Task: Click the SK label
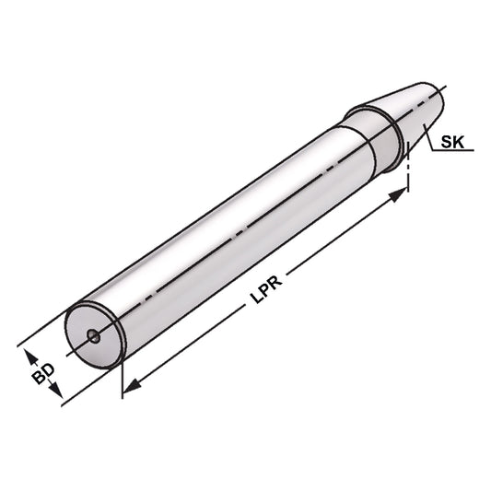pos(453,142)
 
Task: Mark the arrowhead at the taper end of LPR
pos(401,193)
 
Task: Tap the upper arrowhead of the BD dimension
pos(27,355)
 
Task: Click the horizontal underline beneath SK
pos(455,154)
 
